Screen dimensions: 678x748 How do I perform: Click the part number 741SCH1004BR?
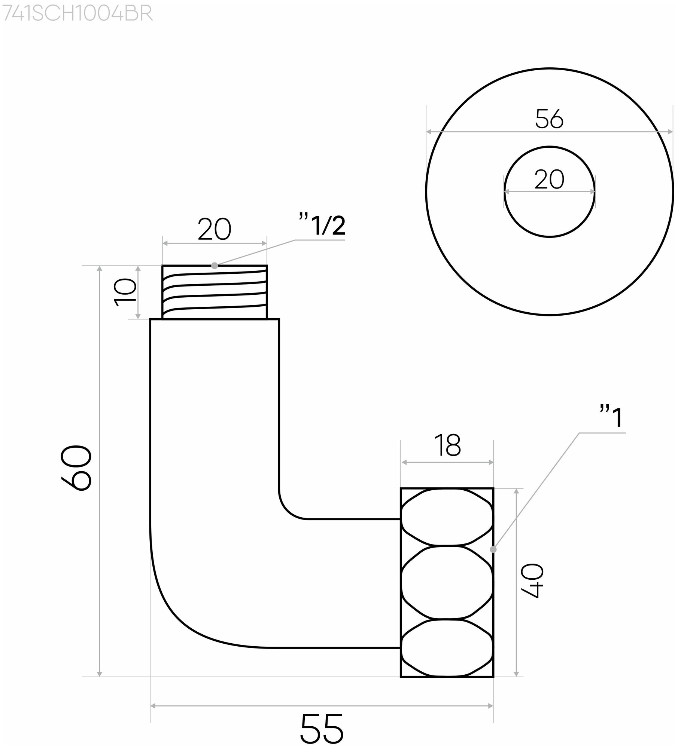[x=77, y=14]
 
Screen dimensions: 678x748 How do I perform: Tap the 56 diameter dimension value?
[x=549, y=119]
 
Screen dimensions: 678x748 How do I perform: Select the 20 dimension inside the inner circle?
[x=549, y=180]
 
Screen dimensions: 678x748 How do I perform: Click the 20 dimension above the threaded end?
[x=215, y=230]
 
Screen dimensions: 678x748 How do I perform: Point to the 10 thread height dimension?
[x=125, y=292]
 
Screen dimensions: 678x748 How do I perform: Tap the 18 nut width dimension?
[x=448, y=445]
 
